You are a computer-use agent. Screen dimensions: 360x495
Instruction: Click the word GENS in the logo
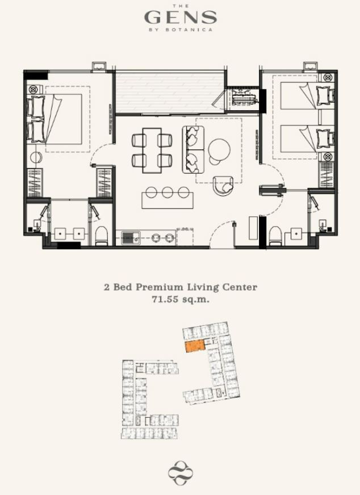point(181,17)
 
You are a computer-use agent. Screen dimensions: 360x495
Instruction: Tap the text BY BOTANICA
point(181,30)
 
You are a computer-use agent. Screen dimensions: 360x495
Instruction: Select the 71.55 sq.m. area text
point(181,299)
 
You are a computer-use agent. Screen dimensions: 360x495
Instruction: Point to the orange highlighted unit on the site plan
point(195,347)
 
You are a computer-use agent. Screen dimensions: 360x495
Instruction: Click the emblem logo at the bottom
point(181,473)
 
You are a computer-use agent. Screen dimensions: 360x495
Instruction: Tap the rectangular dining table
point(152,150)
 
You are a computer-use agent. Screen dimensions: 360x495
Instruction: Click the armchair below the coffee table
point(223,185)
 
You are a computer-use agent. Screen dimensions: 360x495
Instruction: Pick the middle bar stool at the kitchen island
point(168,192)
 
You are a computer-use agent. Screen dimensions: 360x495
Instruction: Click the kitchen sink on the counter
point(131,238)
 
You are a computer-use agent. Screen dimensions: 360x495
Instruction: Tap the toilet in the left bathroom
point(102,236)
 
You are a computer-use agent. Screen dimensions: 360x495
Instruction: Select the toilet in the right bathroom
point(275,235)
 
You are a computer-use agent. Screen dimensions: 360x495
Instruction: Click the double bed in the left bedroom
point(55,119)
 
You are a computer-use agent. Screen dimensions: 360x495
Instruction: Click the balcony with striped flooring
point(170,92)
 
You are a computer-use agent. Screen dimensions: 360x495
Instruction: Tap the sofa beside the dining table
point(193,150)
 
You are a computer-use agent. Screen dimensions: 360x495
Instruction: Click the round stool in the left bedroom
point(36,157)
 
